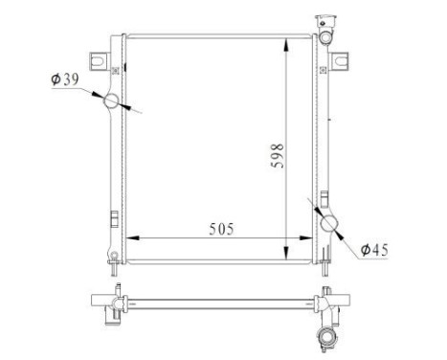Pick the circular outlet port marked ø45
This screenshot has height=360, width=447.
330,224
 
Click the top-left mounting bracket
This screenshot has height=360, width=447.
99,60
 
